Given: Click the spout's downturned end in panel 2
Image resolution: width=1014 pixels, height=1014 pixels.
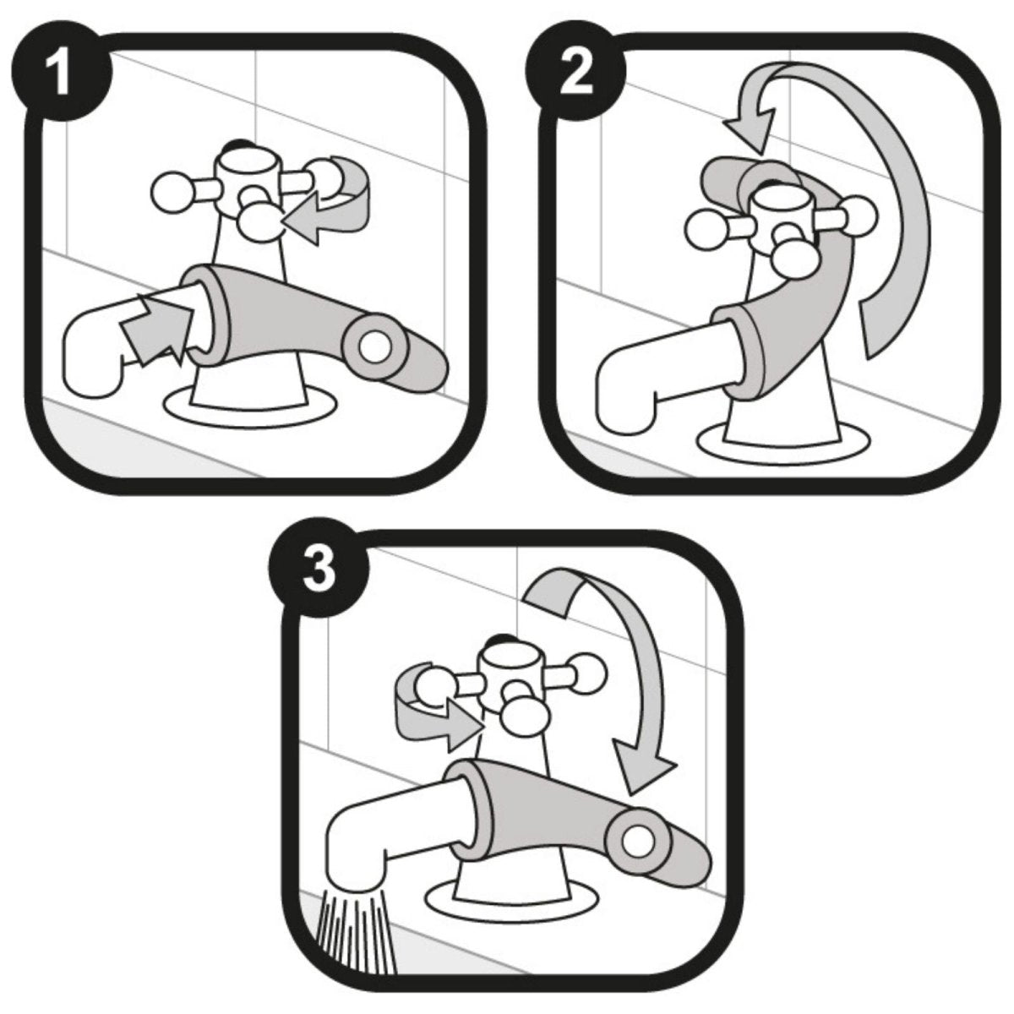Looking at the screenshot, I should tap(625, 406).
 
